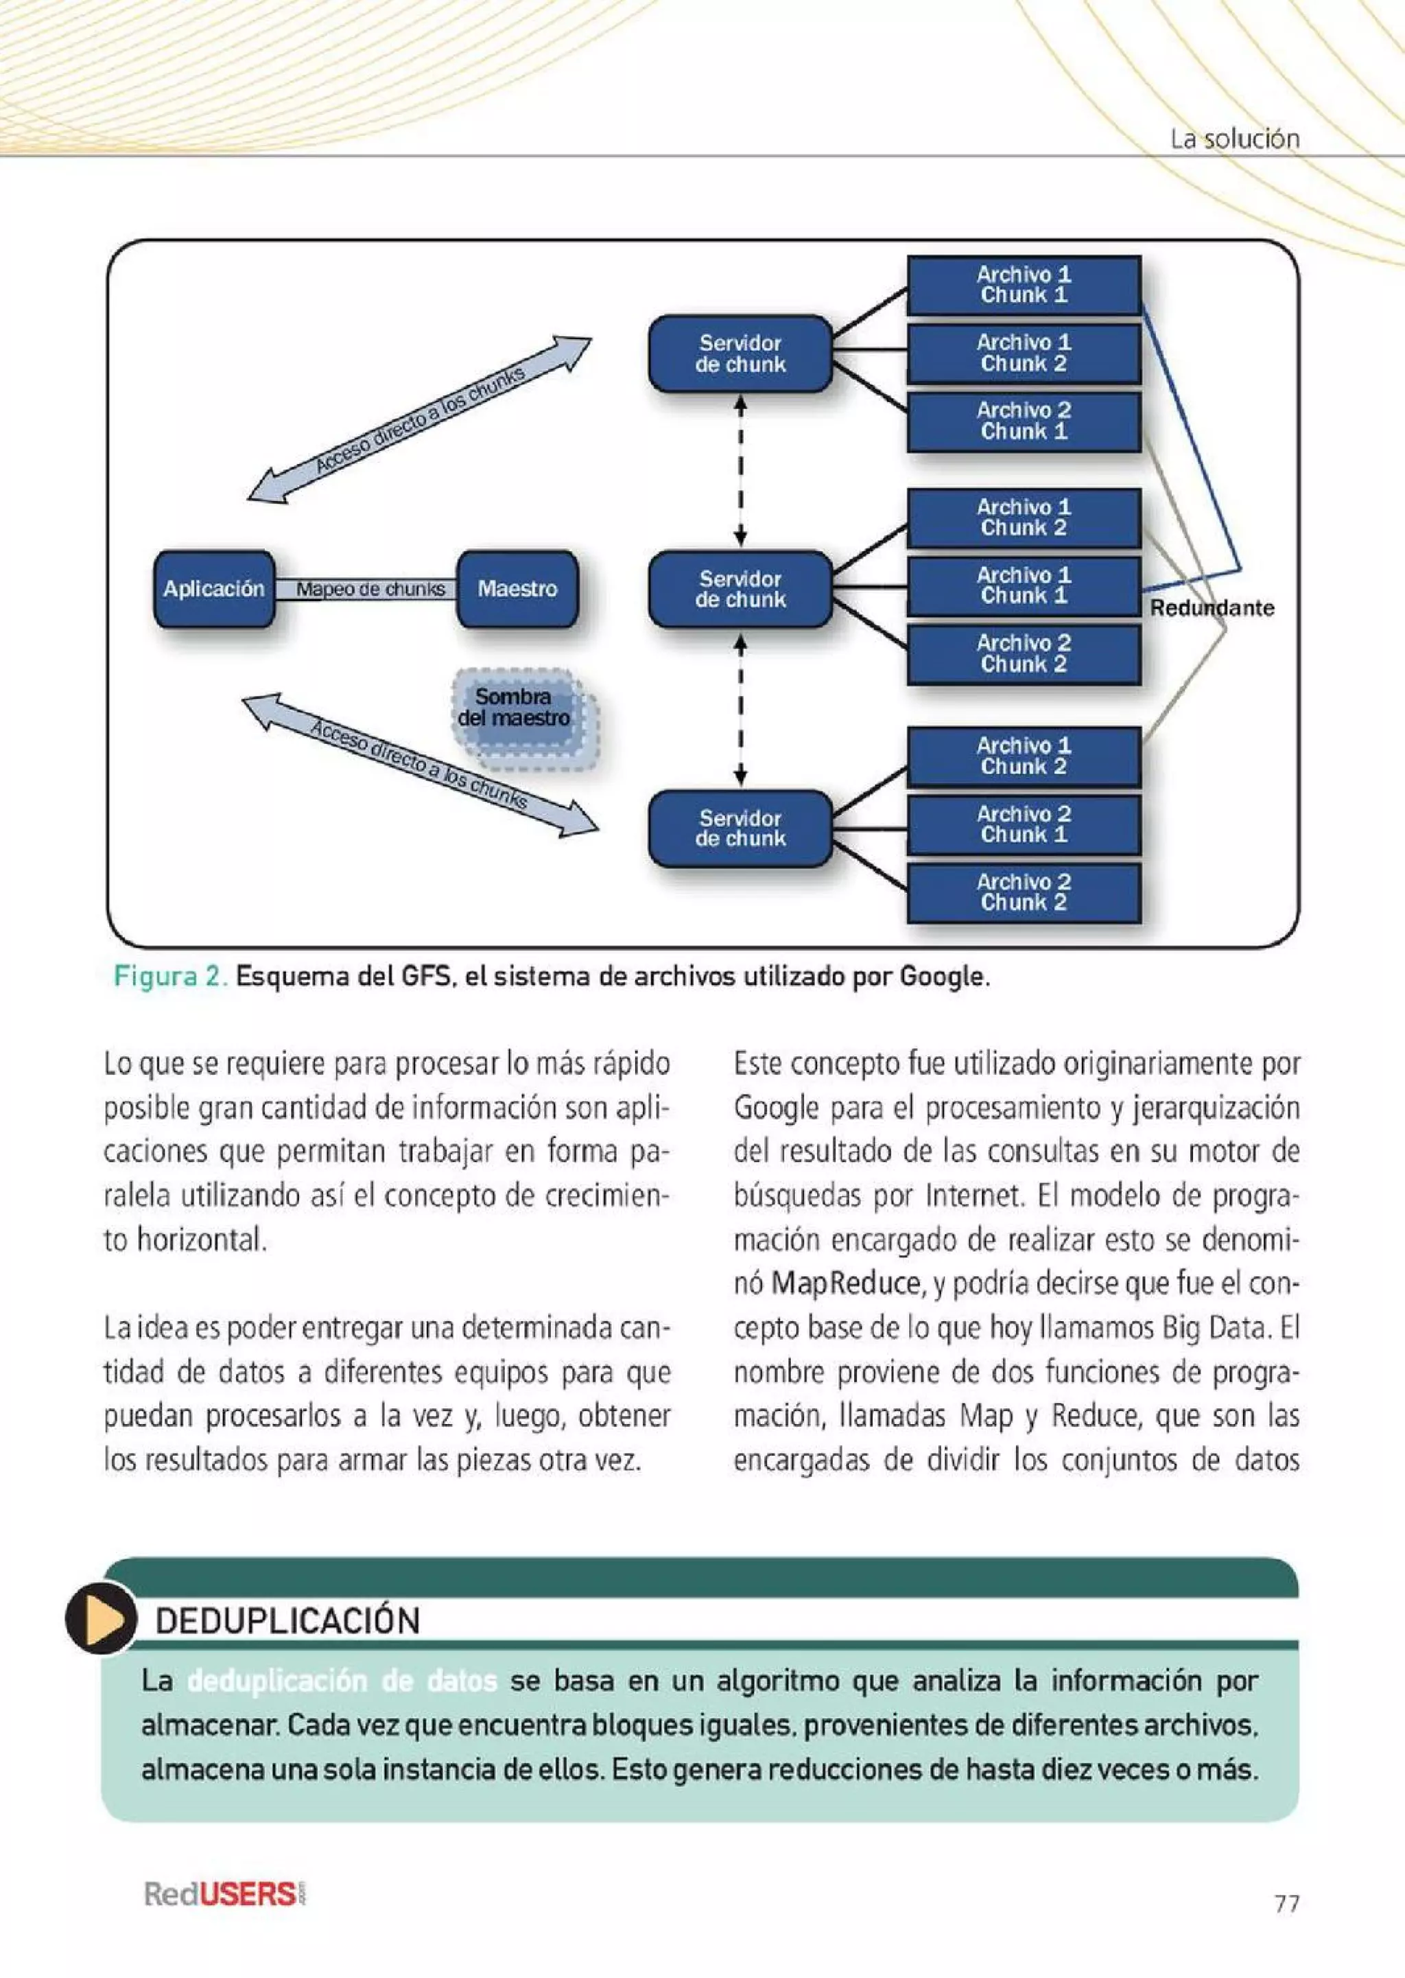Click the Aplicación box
[x=213, y=590]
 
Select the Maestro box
[x=517, y=590]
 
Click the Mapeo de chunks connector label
[x=370, y=590]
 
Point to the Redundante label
[x=1212, y=607]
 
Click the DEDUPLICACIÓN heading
[x=287, y=1620]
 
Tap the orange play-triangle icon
[x=102, y=1618]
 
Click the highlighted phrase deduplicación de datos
[x=342, y=1682]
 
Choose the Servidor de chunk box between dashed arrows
[x=740, y=590]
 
